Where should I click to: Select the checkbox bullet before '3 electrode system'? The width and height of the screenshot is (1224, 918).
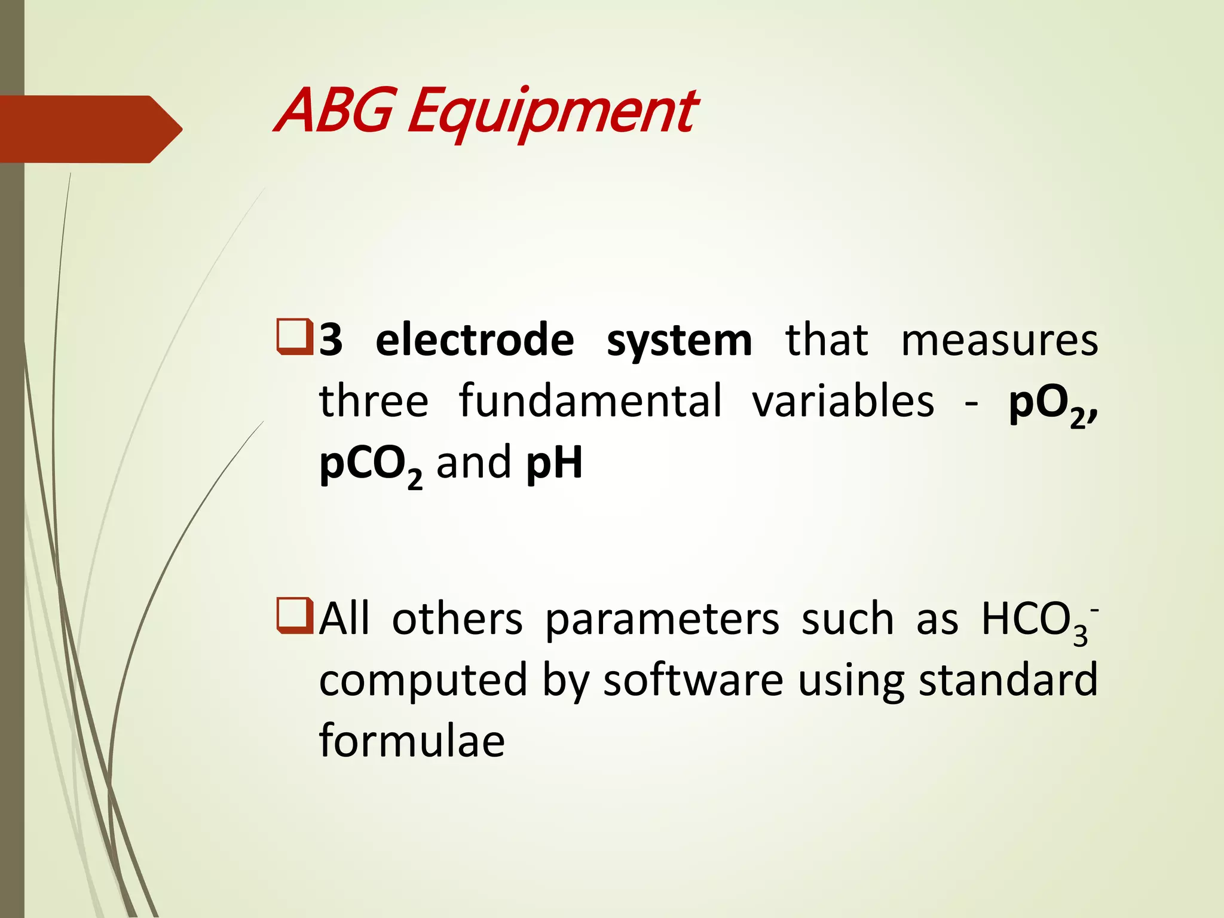[295, 338]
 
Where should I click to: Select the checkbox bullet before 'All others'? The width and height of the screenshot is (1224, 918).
[295, 616]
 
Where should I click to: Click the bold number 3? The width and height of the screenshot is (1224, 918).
[331, 341]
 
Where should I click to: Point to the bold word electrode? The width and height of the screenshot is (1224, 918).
[475, 341]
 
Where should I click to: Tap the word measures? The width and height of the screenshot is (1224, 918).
[999, 341]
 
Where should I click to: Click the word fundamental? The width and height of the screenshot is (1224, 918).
[590, 401]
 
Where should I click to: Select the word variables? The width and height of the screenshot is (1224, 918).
[843, 401]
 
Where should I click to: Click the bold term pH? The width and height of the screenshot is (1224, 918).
[554, 463]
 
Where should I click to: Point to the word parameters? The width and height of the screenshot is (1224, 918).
[662, 620]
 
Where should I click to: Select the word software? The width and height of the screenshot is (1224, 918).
[693, 680]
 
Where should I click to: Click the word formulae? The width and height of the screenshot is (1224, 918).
[412, 740]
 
